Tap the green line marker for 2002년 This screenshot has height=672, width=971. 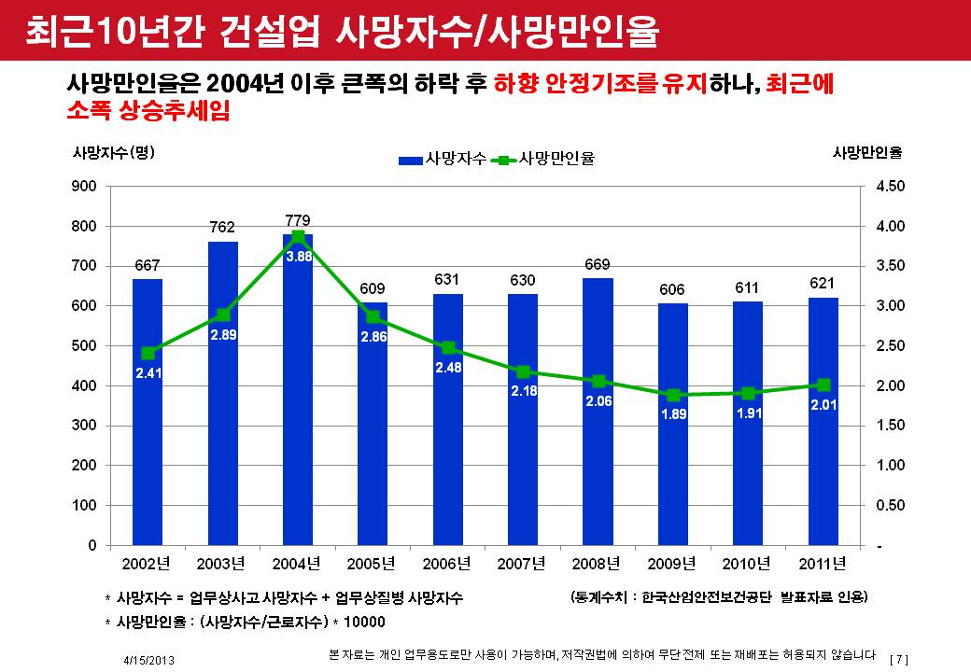coord(148,353)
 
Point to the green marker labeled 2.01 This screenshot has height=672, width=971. coord(823,385)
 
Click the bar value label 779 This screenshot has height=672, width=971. coord(298,220)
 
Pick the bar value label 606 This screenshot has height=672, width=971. coord(673,290)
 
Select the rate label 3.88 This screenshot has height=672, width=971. coord(298,256)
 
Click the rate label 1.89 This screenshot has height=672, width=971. coord(673,414)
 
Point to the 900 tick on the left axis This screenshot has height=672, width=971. coord(85,187)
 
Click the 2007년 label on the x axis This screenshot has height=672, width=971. coord(523,564)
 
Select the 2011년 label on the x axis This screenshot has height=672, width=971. coord(823,564)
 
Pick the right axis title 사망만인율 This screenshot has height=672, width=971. coord(873,152)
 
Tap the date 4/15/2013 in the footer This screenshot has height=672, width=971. coord(149,659)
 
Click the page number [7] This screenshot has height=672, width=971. coord(900,659)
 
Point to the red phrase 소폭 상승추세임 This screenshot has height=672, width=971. coord(148,112)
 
